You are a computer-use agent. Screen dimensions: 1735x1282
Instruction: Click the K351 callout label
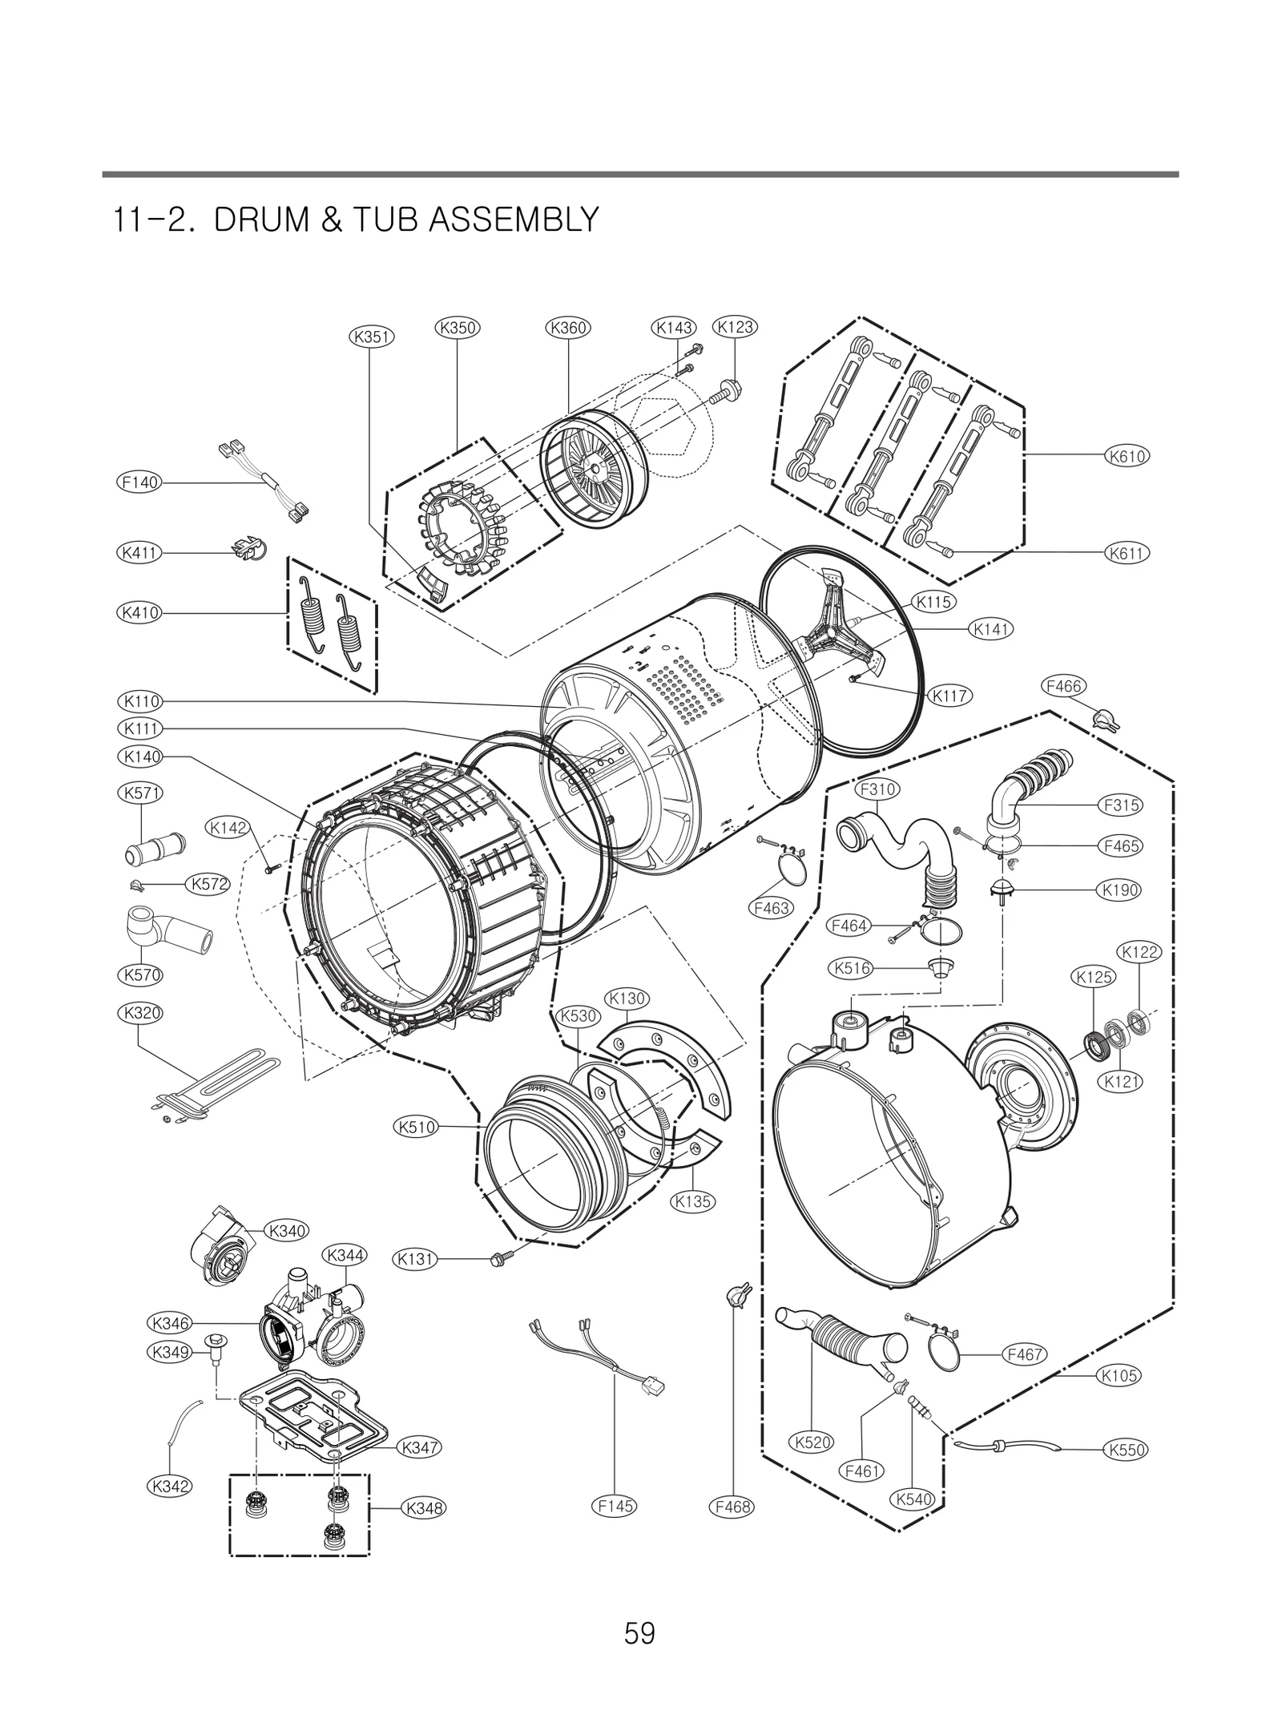tap(373, 337)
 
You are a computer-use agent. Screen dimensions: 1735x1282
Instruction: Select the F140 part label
tap(139, 482)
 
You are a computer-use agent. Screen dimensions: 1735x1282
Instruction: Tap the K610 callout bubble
tap(1127, 456)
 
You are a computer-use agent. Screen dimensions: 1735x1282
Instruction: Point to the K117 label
tap(950, 696)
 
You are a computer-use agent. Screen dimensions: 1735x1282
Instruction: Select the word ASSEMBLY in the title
tap(514, 220)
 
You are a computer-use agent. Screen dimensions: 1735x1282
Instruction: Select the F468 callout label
tap(733, 1507)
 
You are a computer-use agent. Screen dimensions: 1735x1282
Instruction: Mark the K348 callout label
tap(423, 1508)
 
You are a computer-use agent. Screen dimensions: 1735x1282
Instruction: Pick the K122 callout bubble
tap(1139, 952)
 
